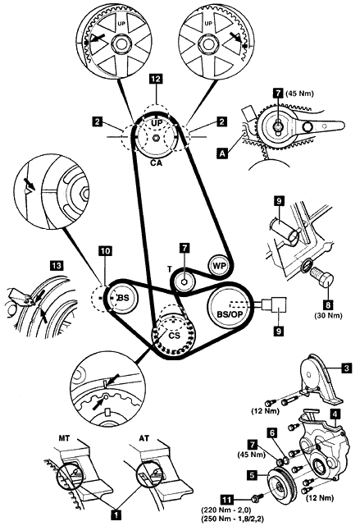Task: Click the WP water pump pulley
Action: pos(219,266)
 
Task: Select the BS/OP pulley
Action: pos(230,306)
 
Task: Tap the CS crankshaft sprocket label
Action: pos(175,335)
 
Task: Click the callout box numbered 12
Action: pos(156,79)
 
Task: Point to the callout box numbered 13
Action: pos(56,266)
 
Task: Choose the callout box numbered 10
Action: pos(105,251)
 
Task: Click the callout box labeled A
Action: pos(221,153)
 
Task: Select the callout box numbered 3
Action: pos(347,368)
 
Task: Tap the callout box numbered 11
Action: pos(227,500)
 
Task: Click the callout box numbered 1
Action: pos(116,514)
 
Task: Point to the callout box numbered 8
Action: pos(328,305)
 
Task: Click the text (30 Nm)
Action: pos(328,315)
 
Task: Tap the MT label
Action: pos(64,438)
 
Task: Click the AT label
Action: pos(144,438)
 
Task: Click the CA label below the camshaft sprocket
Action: pos(156,163)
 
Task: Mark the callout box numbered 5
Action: pos(253,474)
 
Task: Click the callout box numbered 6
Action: pos(272,433)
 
